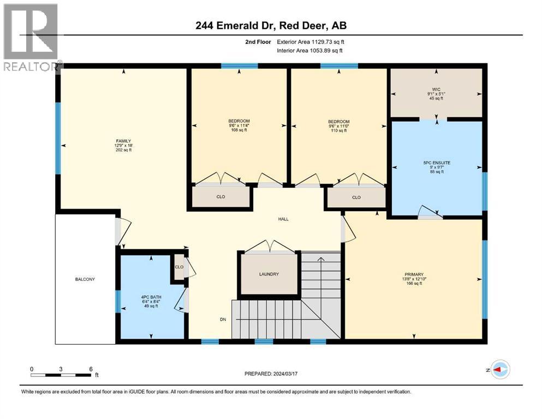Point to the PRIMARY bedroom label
tap(415, 274)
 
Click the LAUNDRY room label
tap(269, 274)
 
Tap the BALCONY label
tap(85, 279)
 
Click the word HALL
tap(283, 219)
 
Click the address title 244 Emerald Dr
tap(271, 25)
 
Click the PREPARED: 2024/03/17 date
tap(271, 374)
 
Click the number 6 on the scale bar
tap(91, 369)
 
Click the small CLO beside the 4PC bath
tap(178, 267)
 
